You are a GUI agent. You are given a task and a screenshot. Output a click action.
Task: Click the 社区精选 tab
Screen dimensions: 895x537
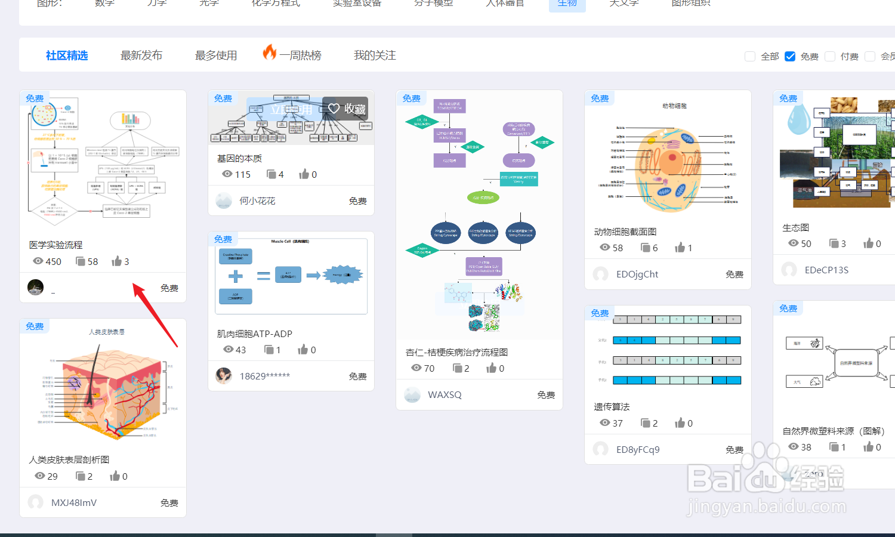67,55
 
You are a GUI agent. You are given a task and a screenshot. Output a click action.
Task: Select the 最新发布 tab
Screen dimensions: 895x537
141,55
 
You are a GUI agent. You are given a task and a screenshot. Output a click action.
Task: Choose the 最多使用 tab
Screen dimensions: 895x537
216,55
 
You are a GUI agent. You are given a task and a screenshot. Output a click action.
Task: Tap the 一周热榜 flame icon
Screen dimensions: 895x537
270,53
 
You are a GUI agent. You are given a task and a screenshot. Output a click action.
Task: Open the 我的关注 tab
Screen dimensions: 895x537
375,55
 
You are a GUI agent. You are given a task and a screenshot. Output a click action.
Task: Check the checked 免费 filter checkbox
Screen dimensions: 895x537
790,56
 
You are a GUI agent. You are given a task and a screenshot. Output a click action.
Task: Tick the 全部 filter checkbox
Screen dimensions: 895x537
750,56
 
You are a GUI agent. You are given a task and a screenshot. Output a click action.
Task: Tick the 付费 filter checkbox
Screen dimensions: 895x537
830,56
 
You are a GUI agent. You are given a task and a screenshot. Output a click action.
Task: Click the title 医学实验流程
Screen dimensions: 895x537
56,245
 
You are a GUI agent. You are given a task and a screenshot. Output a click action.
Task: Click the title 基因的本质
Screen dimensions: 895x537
239,158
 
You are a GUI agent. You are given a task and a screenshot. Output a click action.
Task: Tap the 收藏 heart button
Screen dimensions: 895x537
345,109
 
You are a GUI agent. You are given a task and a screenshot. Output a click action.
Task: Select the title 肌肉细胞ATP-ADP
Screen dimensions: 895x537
254,334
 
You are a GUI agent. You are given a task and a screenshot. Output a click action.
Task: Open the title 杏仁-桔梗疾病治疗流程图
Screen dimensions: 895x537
456,352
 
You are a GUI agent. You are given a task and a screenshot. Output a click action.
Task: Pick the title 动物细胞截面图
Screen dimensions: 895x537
625,232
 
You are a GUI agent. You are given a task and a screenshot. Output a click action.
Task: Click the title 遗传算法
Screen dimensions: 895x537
612,406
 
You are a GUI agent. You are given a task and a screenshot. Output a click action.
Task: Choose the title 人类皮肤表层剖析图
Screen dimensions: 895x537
69,459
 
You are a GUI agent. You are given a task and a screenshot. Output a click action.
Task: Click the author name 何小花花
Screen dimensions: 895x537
257,201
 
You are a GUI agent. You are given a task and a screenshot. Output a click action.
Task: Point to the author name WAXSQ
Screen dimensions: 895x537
445,395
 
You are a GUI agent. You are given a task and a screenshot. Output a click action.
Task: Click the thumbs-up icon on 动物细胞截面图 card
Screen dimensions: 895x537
680,248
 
